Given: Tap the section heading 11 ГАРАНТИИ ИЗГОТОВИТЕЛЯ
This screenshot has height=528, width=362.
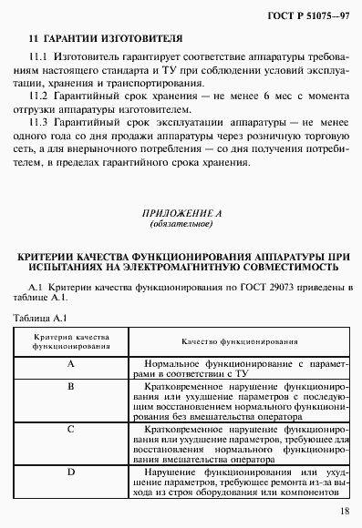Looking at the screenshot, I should pos(98,40).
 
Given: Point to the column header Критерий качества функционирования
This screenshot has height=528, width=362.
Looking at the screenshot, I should pos(71,342).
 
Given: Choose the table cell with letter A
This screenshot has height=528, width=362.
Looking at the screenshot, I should pos(71,363).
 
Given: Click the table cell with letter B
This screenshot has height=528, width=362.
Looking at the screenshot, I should pos(71,386).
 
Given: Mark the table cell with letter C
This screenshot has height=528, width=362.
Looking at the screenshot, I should pos(71,427).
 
